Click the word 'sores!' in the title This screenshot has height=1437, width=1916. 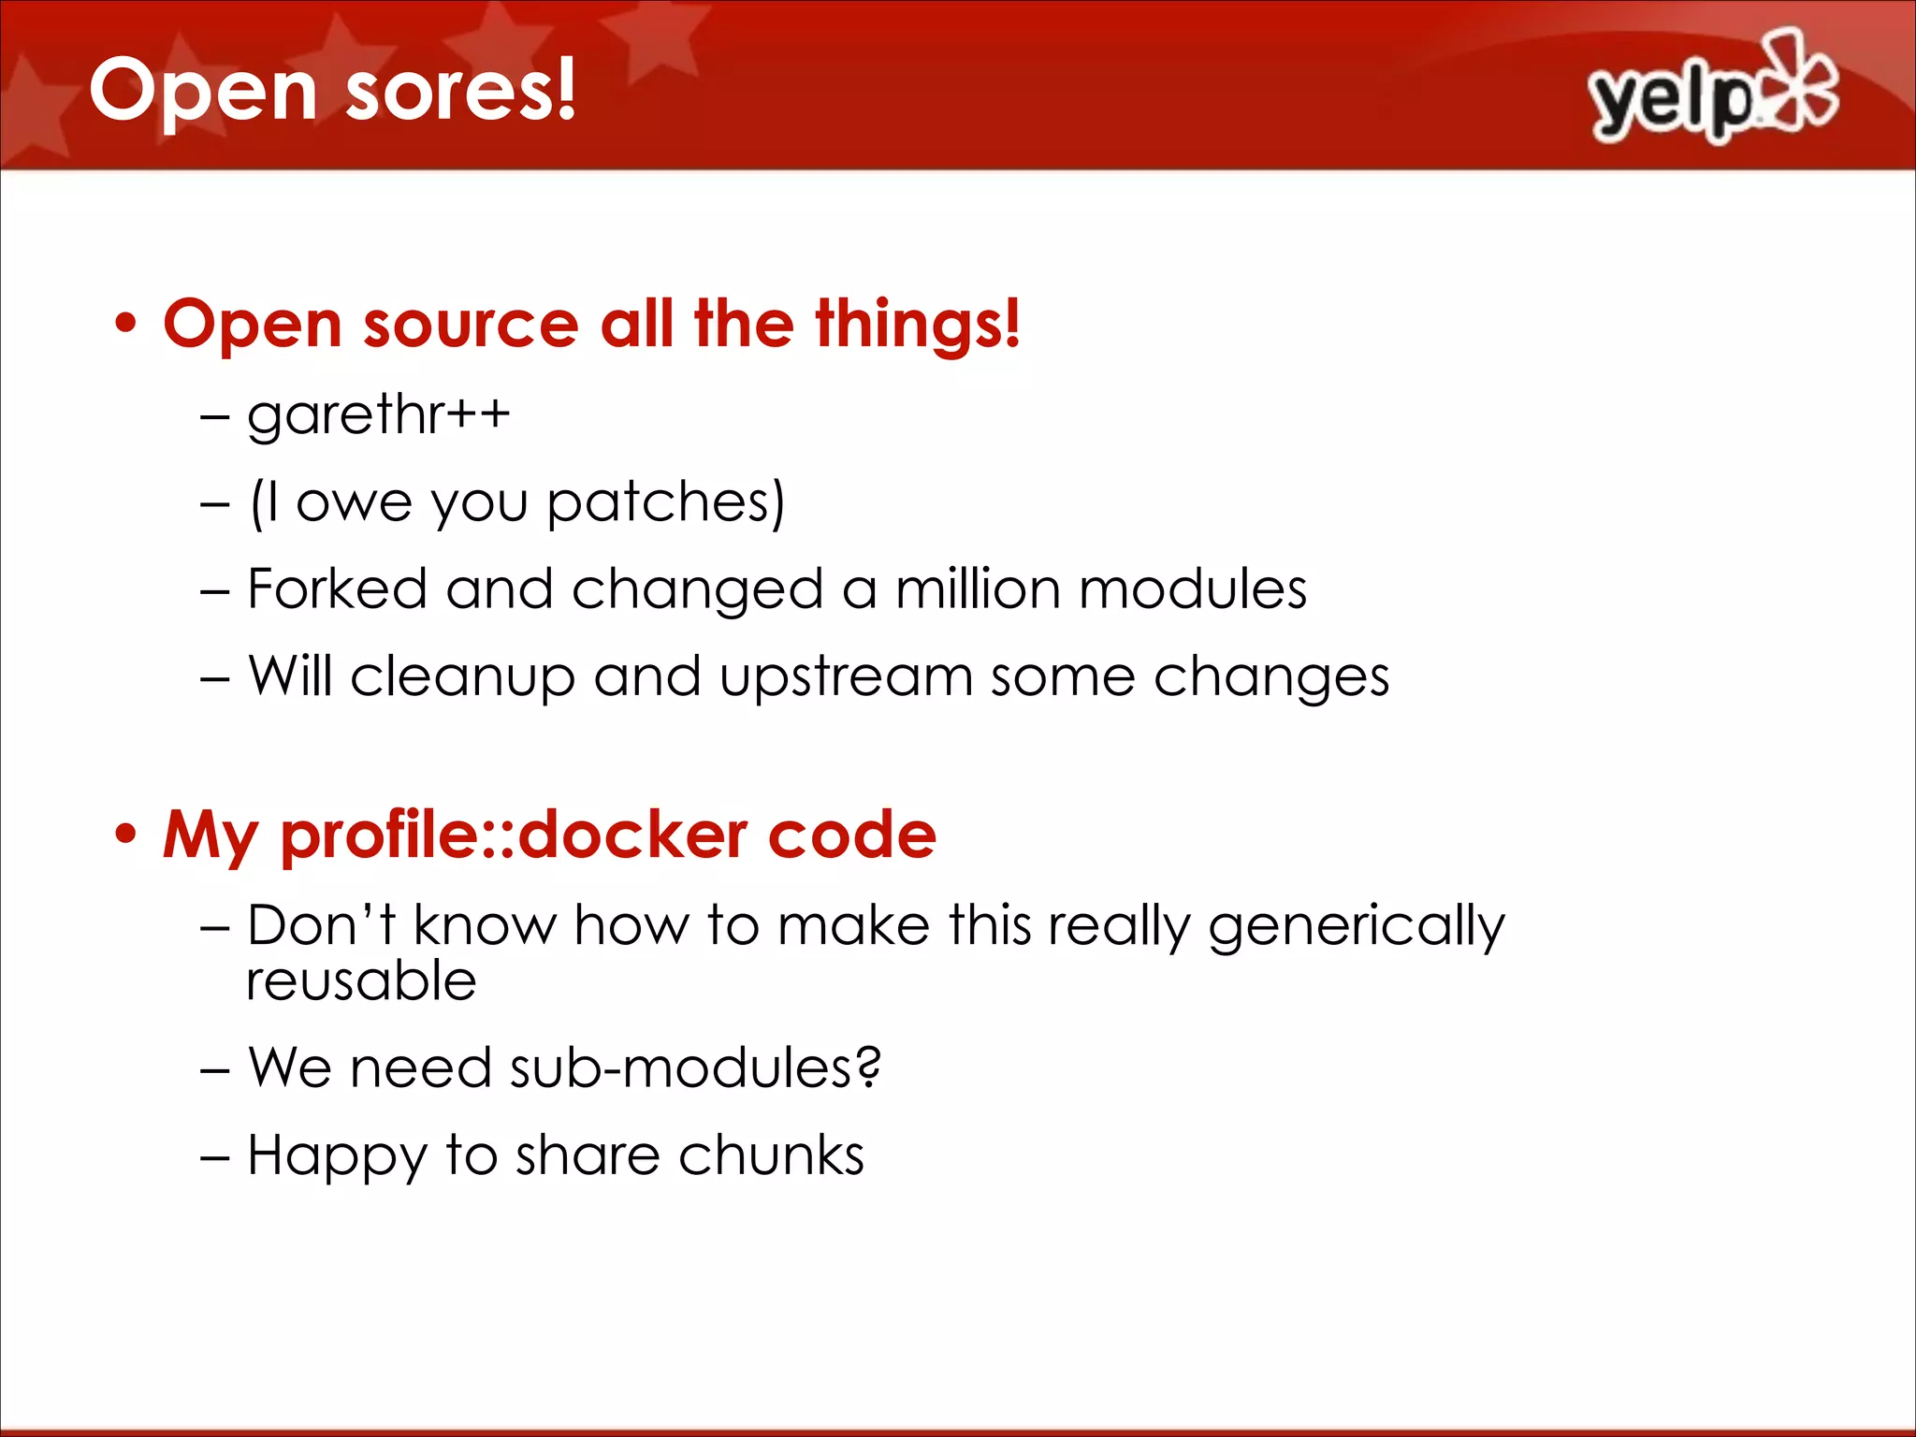coord(460,91)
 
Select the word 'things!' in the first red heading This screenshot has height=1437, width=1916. coord(917,325)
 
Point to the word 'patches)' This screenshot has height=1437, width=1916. coord(665,503)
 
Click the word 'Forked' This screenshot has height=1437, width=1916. coord(337,589)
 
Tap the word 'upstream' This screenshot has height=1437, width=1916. coord(846,676)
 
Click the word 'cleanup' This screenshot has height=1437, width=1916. coord(462,678)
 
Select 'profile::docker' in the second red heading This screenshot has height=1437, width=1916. coord(514,835)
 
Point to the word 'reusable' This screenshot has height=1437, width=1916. coord(361,981)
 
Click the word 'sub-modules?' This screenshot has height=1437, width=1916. coord(695,1067)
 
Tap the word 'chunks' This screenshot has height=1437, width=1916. coord(771,1155)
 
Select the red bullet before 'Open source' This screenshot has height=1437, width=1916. coord(126,325)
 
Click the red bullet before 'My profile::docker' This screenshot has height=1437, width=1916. coord(126,834)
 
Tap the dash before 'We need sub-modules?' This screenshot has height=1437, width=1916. coord(214,1069)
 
